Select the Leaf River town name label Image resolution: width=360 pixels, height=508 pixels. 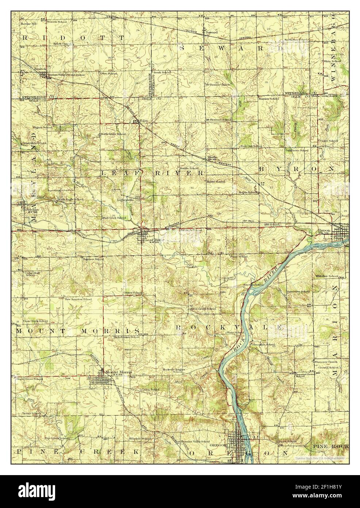(153, 240)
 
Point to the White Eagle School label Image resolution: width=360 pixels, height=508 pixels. (71, 200)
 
